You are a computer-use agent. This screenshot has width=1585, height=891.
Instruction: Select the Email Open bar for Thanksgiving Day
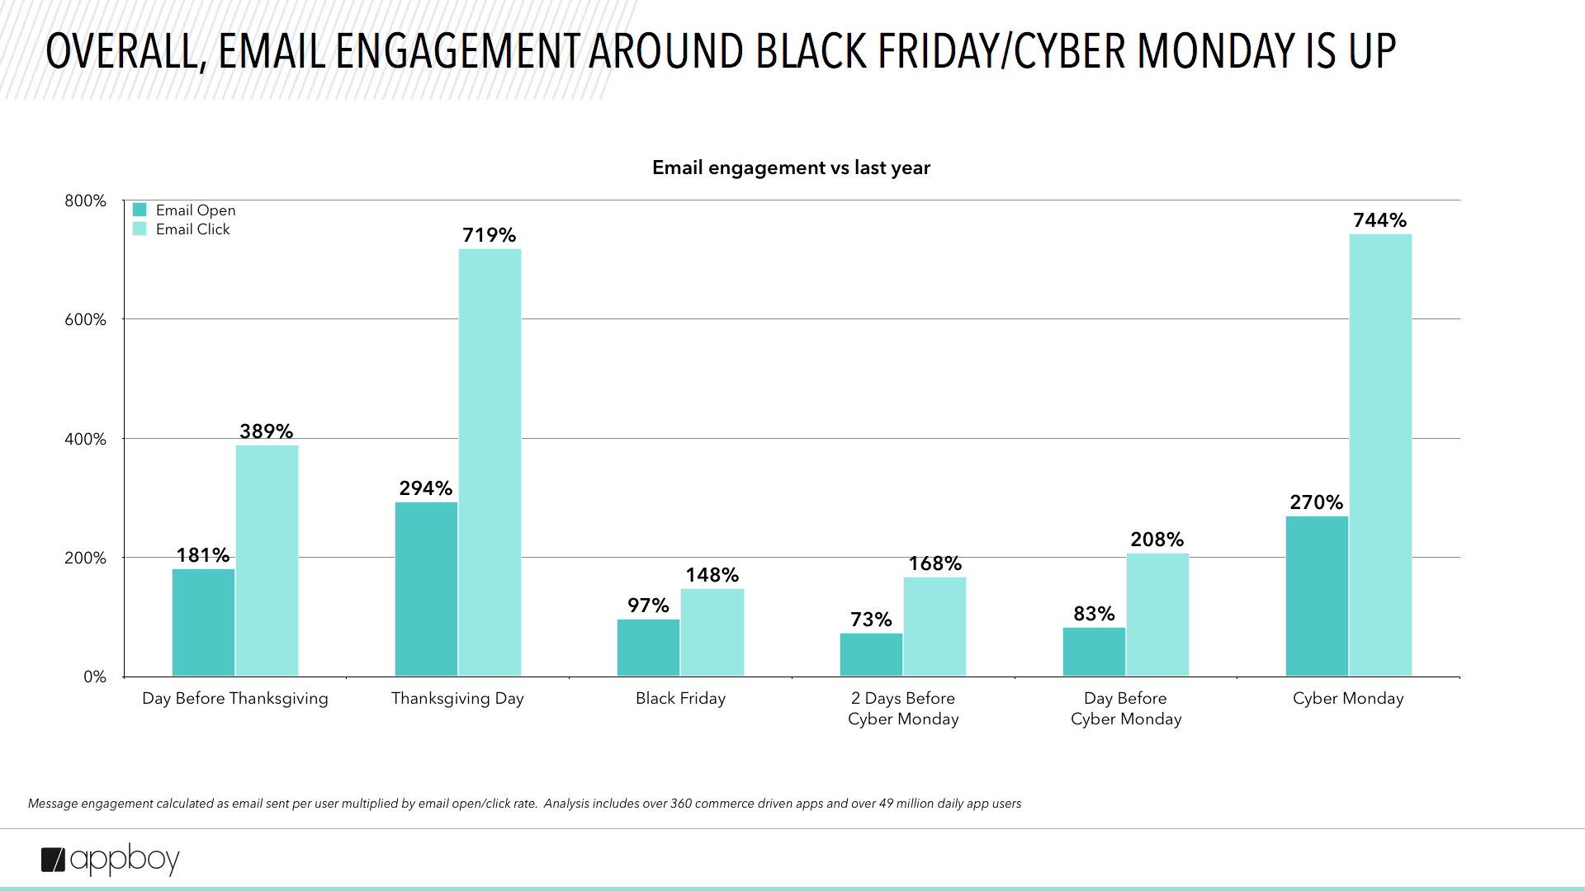click(x=426, y=589)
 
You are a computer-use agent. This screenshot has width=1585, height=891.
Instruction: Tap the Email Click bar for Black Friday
click(x=712, y=633)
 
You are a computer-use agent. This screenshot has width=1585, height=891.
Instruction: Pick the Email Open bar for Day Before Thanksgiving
click(x=203, y=623)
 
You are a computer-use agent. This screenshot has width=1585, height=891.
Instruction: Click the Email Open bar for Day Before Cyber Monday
click(x=1094, y=652)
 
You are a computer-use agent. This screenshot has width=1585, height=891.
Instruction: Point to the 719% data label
click(x=489, y=235)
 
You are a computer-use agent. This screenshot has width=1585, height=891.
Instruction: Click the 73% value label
click(x=871, y=620)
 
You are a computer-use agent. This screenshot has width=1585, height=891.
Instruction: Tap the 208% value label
click(x=1157, y=540)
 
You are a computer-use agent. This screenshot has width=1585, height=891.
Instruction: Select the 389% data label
click(x=266, y=431)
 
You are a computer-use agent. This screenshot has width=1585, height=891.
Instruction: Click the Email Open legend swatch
click(x=140, y=210)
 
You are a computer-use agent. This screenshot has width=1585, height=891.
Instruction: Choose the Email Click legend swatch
click(x=140, y=229)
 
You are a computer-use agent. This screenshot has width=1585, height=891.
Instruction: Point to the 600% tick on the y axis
click(x=86, y=319)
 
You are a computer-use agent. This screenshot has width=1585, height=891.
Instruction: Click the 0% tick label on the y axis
click(x=95, y=676)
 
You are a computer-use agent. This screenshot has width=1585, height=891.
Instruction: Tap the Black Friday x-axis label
click(x=680, y=698)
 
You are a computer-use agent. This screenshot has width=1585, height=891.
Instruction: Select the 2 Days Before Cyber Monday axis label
click(x=903, y=708)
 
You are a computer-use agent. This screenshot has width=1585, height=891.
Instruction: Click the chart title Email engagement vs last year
click(x=791, y=167)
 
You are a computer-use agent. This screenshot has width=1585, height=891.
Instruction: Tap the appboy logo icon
click(x=53, y=860)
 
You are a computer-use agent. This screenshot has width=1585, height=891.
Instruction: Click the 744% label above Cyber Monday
click(x=1379, y=220)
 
